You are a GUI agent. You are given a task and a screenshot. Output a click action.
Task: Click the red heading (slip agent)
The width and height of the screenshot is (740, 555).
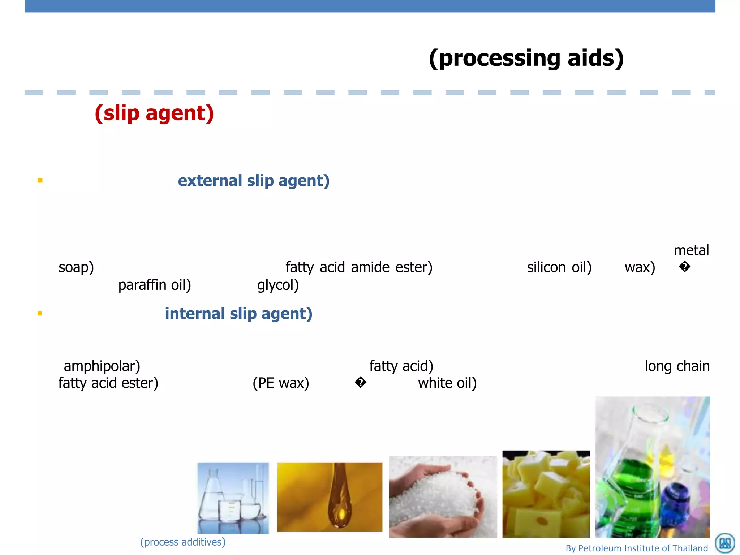click(154, 113)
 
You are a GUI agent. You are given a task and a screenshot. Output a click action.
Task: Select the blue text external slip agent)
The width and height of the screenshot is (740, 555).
click(254, 180)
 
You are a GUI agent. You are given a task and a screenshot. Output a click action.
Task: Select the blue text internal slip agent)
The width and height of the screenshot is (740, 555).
click(238, 313)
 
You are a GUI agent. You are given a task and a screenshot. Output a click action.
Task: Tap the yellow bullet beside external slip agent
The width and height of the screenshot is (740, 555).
click(40, 180)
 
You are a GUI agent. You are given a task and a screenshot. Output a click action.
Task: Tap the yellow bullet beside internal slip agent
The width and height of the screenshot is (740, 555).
click(40, 313)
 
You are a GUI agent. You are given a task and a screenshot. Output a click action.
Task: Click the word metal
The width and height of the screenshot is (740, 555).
click(691, 250)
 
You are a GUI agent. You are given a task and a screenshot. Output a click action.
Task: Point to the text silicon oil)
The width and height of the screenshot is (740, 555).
click(559, 267)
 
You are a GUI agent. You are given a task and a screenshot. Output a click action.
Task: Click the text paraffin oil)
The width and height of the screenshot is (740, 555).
click(155, 285)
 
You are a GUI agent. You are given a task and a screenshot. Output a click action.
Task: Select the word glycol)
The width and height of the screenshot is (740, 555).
click(278, 285)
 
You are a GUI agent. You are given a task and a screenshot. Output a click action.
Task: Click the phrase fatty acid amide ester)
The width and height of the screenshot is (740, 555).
click(359, 267)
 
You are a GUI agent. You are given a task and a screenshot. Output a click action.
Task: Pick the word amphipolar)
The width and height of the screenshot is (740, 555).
click(102, 366)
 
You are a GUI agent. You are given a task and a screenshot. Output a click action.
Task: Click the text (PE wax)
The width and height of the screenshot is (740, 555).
click(281, 383)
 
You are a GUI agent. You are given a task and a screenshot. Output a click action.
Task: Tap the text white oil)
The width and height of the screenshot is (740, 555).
click(447, 383)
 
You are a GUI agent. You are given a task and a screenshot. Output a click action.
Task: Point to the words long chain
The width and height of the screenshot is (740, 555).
click(677, 366)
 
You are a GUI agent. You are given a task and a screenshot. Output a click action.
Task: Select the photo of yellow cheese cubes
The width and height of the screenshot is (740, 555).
click(546, 494)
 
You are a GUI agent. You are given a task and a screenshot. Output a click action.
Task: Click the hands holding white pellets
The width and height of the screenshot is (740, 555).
click(443, 497)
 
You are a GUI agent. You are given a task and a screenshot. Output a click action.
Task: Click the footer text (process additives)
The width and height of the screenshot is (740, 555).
click(183, 542)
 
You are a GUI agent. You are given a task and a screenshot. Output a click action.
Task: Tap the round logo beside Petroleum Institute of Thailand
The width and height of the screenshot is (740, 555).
click(725, 543)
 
